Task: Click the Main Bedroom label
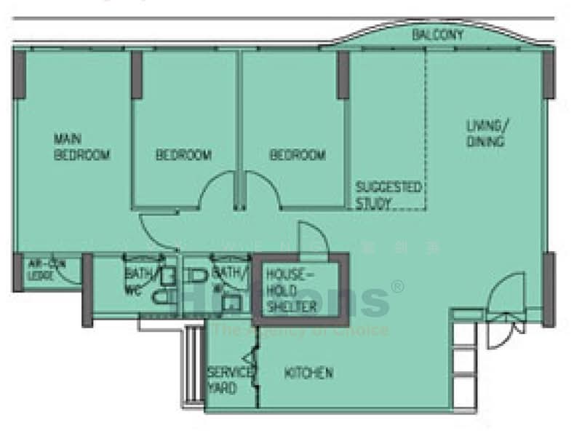[x=81, y=147]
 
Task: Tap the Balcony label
[x=437, y=35]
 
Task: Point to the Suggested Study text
[x=388, y=195]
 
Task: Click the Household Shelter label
[x=291, y=290]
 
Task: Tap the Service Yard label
[x=228, y=380]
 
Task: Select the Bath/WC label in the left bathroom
[x=136, y=281]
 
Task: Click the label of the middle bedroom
[x=183, y=155]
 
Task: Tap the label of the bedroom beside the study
[x=298, y=155]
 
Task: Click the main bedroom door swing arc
[x=156, y=234]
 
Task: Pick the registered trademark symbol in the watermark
[x=397, y=286]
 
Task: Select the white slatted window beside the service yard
[x=192, y=364]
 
